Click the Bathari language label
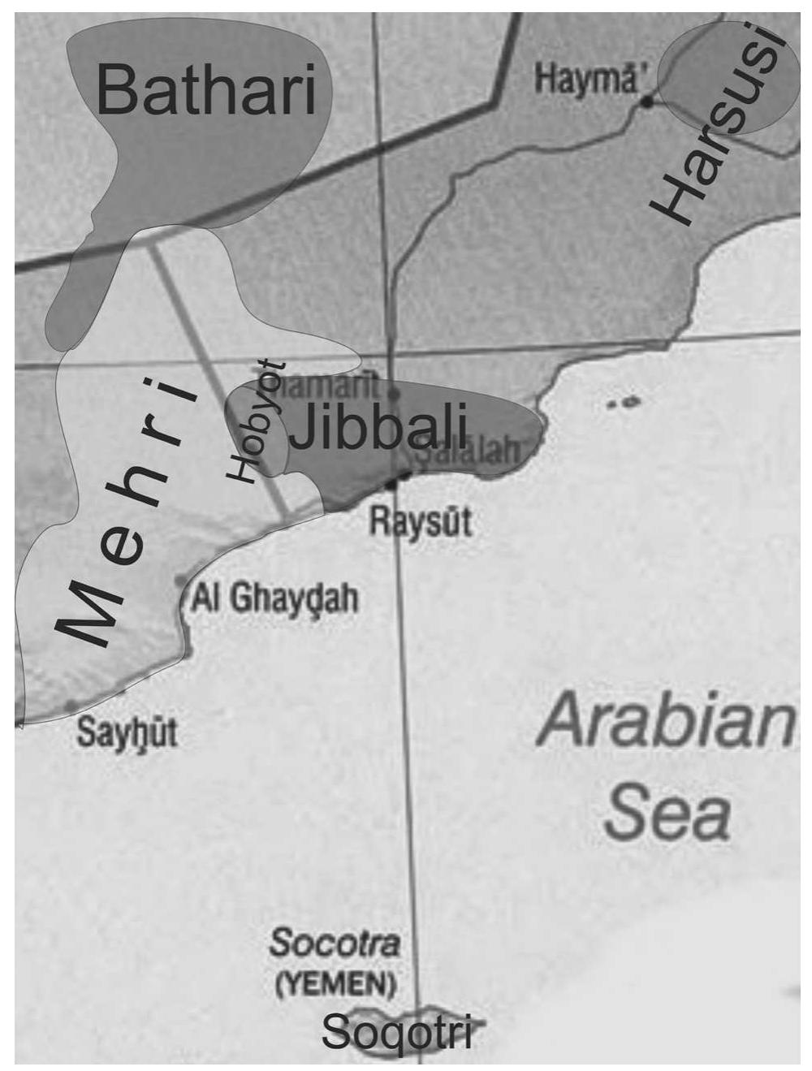point(205,90)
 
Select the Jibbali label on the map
point(378,427)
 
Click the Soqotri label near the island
point(396,1031)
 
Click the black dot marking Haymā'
point(647,101)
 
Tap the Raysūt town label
point(421,520)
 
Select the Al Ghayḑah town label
point(274,598)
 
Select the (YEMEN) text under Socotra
point(335,984)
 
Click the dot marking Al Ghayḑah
point(181,581)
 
